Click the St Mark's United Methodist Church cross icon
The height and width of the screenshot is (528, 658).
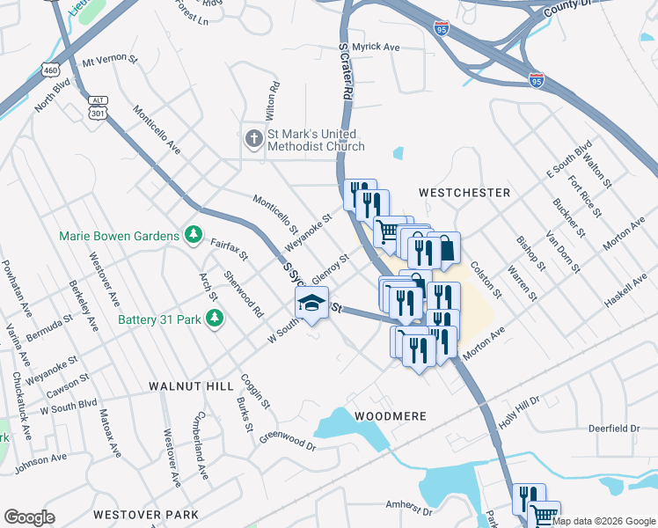tap(253, 139)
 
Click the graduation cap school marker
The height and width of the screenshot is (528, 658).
tap(311, 304)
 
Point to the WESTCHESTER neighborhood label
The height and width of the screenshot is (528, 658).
tap(464, 192)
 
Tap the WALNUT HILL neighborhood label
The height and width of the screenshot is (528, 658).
tap(191, 386)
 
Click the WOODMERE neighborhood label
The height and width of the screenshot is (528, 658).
tap(391, 415)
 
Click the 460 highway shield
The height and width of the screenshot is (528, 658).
tap(49, 70)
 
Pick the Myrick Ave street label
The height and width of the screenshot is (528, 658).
tap(377, 47)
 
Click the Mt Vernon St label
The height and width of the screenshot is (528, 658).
tap(110, 62)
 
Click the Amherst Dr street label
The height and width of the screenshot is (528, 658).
tap(410, 508)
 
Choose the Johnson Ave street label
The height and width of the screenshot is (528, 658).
tap(40, 458)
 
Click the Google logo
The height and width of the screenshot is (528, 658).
tap(30, 517)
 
